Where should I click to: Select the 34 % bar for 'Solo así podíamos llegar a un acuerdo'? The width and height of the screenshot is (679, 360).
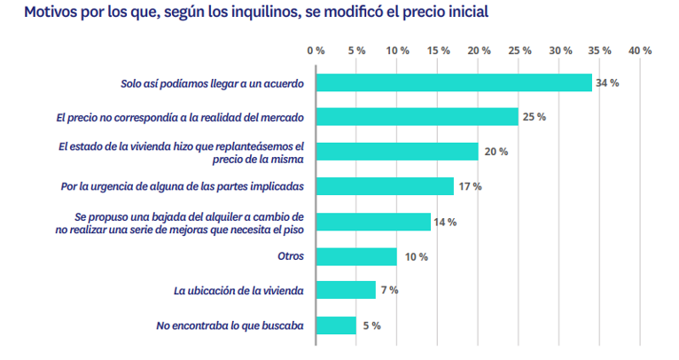(454, 82)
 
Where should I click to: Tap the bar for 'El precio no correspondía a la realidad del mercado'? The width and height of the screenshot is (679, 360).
(417, 117)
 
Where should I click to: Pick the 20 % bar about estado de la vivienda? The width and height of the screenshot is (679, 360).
(397, 152)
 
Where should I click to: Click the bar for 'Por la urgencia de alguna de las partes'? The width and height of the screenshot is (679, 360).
(385, 186)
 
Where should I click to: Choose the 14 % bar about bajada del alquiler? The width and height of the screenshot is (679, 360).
(373, 222)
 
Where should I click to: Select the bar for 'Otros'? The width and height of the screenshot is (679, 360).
(356, 256)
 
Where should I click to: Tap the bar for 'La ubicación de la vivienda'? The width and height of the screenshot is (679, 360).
(346, 291)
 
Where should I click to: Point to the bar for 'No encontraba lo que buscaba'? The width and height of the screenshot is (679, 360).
(336, 325)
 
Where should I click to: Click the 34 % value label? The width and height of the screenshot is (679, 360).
(607, 82)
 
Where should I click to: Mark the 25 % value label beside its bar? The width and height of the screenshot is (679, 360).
(535, 117)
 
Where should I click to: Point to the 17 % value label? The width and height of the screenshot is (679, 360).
(470, 186)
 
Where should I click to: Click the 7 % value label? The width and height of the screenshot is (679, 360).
(389, 291)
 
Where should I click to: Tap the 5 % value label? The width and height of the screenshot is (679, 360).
(371, 325)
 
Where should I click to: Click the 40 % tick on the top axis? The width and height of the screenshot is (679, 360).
(640, 51)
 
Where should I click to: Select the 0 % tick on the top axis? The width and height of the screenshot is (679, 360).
(316, 51)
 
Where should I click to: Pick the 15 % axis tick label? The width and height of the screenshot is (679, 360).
(438, 51)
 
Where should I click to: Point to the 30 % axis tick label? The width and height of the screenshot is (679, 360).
(559, 51)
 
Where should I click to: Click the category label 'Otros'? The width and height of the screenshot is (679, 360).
(290, 256)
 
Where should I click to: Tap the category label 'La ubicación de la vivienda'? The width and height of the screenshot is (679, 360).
(238, 291)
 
